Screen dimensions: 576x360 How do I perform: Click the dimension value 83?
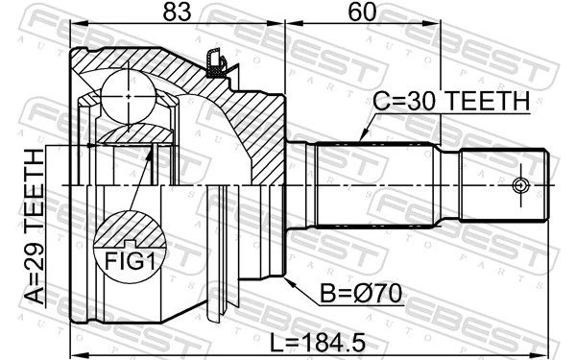[178, 12]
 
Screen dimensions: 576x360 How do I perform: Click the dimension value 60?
[363, 12]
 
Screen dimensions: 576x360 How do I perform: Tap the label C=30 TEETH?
[451, 101]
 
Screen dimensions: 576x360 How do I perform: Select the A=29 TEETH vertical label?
[35, 227]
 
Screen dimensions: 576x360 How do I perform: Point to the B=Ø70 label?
[361, 294]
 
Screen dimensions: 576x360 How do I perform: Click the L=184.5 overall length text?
[318, 343]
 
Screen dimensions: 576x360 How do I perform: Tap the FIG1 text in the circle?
[130, 261]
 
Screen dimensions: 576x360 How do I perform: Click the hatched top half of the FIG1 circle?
[130, 228]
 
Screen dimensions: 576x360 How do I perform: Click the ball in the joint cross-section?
[129, 96]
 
